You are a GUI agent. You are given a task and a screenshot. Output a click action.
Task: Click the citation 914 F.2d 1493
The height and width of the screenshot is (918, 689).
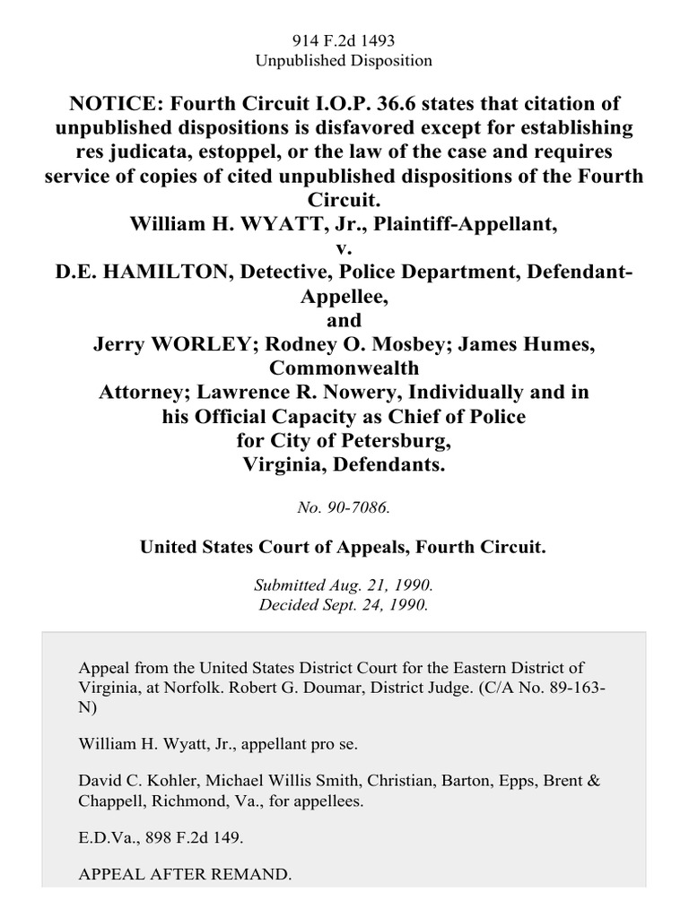[x=344, y=40]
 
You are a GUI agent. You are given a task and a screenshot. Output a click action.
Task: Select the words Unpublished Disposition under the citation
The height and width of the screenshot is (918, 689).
[x=344, y=61]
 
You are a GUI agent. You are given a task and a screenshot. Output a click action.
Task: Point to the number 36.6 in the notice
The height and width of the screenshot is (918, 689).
[x=397, y=104]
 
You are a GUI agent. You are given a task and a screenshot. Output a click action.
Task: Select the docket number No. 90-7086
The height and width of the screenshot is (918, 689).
[x=344, y=507]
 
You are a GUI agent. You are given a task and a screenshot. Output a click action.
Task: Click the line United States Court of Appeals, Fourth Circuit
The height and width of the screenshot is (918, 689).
[x=344, y=546]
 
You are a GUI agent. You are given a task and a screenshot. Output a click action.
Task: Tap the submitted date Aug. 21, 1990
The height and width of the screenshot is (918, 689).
[x=377, y=585]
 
